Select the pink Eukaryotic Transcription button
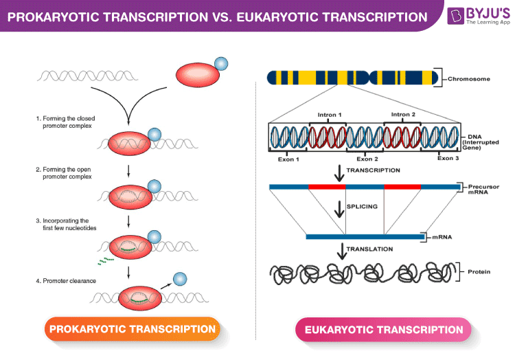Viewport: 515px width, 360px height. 383,330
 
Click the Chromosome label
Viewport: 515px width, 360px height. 469,79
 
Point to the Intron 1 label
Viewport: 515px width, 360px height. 330,114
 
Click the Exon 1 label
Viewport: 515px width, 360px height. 288,159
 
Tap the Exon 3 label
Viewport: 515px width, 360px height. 448,159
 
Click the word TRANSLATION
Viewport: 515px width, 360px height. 369,249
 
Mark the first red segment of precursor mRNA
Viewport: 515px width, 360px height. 327,186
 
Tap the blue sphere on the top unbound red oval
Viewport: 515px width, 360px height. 221,65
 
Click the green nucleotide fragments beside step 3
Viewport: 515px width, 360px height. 105,261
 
